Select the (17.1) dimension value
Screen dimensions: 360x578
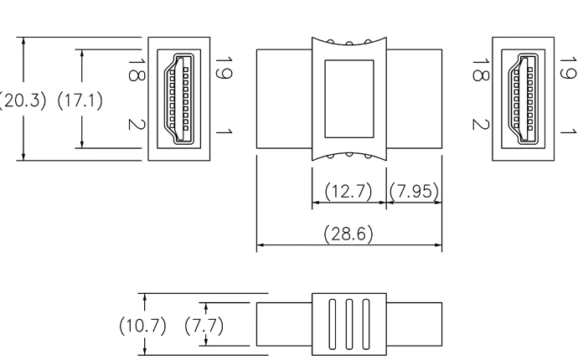click(x=80, y=101)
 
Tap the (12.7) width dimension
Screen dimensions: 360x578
click(x=348, y=192)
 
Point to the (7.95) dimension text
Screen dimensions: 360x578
click(x=414, y=192)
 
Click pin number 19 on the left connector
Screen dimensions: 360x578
click(x=222, y=69)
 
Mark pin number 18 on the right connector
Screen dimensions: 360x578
click(x=478, y=69)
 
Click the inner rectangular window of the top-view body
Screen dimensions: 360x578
click(x=348, y=98)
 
